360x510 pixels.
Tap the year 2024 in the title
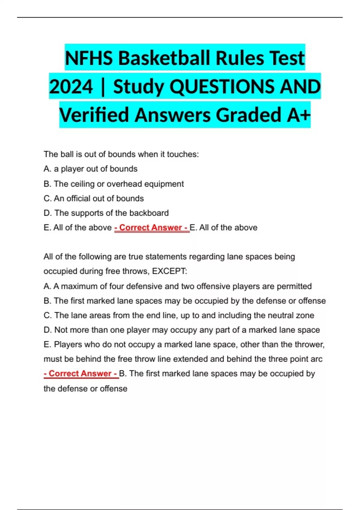point(71,87)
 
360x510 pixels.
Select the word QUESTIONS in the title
point(222,87)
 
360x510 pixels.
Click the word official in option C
point(78,199)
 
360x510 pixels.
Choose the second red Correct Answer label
point(80,373)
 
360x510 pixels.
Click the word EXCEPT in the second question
point(169,271)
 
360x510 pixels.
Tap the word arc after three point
point(316,359)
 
